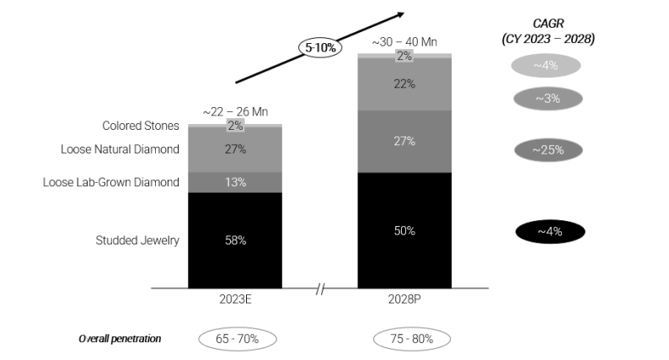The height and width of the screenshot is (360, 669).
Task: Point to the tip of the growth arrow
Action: (x=403, y=13)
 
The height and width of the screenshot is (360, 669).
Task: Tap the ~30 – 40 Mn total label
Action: (x=404, y=40)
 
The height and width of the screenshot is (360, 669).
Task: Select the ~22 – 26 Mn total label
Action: (x=235, y=111)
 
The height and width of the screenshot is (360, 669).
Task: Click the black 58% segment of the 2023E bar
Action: (x=235, y=240)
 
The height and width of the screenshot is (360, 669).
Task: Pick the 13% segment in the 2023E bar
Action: (x=235, y=182)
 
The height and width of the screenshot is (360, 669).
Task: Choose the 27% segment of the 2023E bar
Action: (x=235, y=150)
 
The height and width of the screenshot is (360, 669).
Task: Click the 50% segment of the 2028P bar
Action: (x=404, y=230)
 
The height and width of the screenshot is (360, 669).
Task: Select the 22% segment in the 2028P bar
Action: (x=404, y=84)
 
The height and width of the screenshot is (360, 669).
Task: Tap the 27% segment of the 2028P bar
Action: (x=404, y=141)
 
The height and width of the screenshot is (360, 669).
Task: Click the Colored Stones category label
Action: (x=141, y=126)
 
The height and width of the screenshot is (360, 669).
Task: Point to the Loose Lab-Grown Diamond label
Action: (x=111, y=182)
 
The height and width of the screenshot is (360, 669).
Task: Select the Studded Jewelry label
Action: (x=137, y=240)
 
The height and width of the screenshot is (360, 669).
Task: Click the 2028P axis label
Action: (x=404, y=298)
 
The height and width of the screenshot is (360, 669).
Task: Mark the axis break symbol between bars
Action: (x=320, y=289)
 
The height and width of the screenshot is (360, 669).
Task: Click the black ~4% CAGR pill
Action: (x=549, y=232)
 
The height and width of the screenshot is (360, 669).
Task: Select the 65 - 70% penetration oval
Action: (x=238, y=339)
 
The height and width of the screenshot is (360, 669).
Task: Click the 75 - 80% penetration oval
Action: (x=411, y=339)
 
